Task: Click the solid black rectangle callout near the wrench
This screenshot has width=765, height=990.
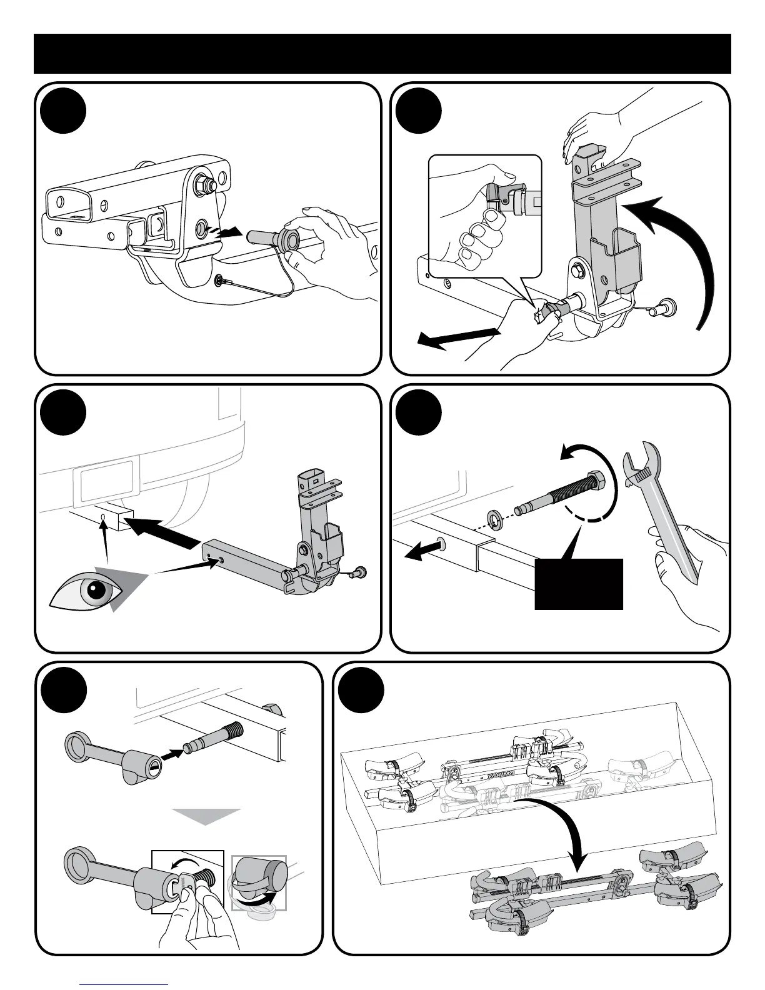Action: [x=579, y=584]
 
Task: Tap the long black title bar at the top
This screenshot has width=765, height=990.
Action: [x=382, y=54]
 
